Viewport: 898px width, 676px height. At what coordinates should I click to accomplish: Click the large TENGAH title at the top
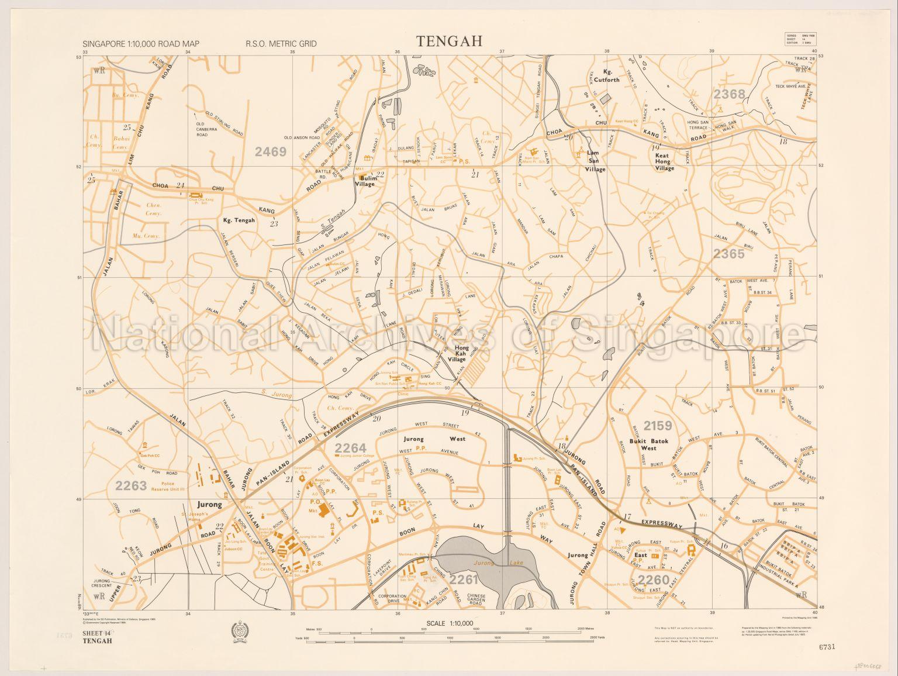(x=449, y=42)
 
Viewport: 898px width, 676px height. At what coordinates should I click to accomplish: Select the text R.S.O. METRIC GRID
(x=281, y=44)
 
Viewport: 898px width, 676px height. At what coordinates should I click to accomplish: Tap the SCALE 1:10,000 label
(x=450, y=623)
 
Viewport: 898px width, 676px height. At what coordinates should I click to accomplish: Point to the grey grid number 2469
(x=271, y=152)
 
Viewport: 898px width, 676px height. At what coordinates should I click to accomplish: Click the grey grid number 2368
(x=729, y=94)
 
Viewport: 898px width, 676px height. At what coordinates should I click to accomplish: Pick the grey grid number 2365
(x=728, y=253)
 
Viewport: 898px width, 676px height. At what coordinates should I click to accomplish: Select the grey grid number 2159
(x=658, y=426)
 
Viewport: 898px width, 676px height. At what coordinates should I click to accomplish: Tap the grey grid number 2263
(x=131, y=485)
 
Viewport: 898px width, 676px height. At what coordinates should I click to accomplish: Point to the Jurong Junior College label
(x=359, y=454)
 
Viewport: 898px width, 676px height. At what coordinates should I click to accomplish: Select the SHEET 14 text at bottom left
(x=97, y=634)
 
